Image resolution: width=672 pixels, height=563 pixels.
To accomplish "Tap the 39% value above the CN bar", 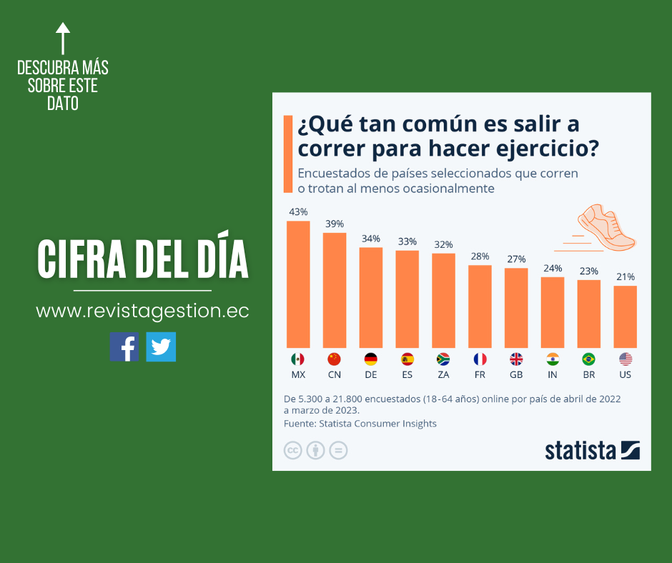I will tap(334, 224).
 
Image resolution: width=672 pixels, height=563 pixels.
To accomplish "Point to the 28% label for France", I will tap(480, 256).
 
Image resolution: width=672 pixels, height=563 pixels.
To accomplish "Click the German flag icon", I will tap(370, 359).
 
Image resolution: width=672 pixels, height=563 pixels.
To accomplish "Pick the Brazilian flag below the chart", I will tap(589, 359).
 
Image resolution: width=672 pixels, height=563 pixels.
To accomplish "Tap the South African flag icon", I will tap(443, 359).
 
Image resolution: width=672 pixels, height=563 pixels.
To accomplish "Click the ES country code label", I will tap(407, 374).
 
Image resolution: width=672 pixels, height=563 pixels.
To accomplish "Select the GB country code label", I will tap(516, 374).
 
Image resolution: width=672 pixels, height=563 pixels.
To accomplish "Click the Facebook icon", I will tap(124, 347).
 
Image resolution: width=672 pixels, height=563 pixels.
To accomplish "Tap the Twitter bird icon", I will tap(161, 347).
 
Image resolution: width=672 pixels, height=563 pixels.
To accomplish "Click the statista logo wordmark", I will tap(580, 450).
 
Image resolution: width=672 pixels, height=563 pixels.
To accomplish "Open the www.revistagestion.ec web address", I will tap(142, 312).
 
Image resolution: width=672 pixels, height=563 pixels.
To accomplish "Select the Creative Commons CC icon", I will tap(292, 451).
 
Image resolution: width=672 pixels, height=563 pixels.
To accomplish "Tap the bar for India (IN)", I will tap(553, 312).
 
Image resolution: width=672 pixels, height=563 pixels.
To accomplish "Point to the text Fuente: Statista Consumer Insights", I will tap(360, 424).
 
